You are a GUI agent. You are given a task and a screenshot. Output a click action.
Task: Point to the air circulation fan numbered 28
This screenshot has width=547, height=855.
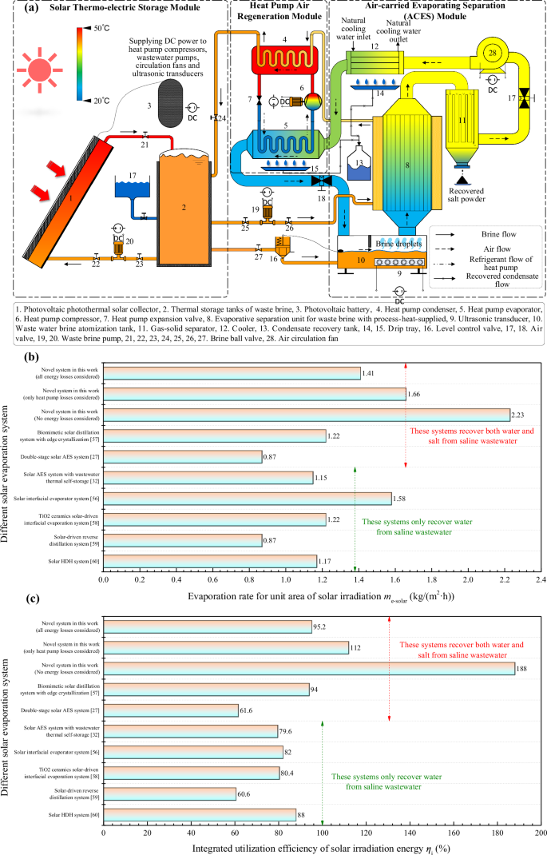click(492, 53)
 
